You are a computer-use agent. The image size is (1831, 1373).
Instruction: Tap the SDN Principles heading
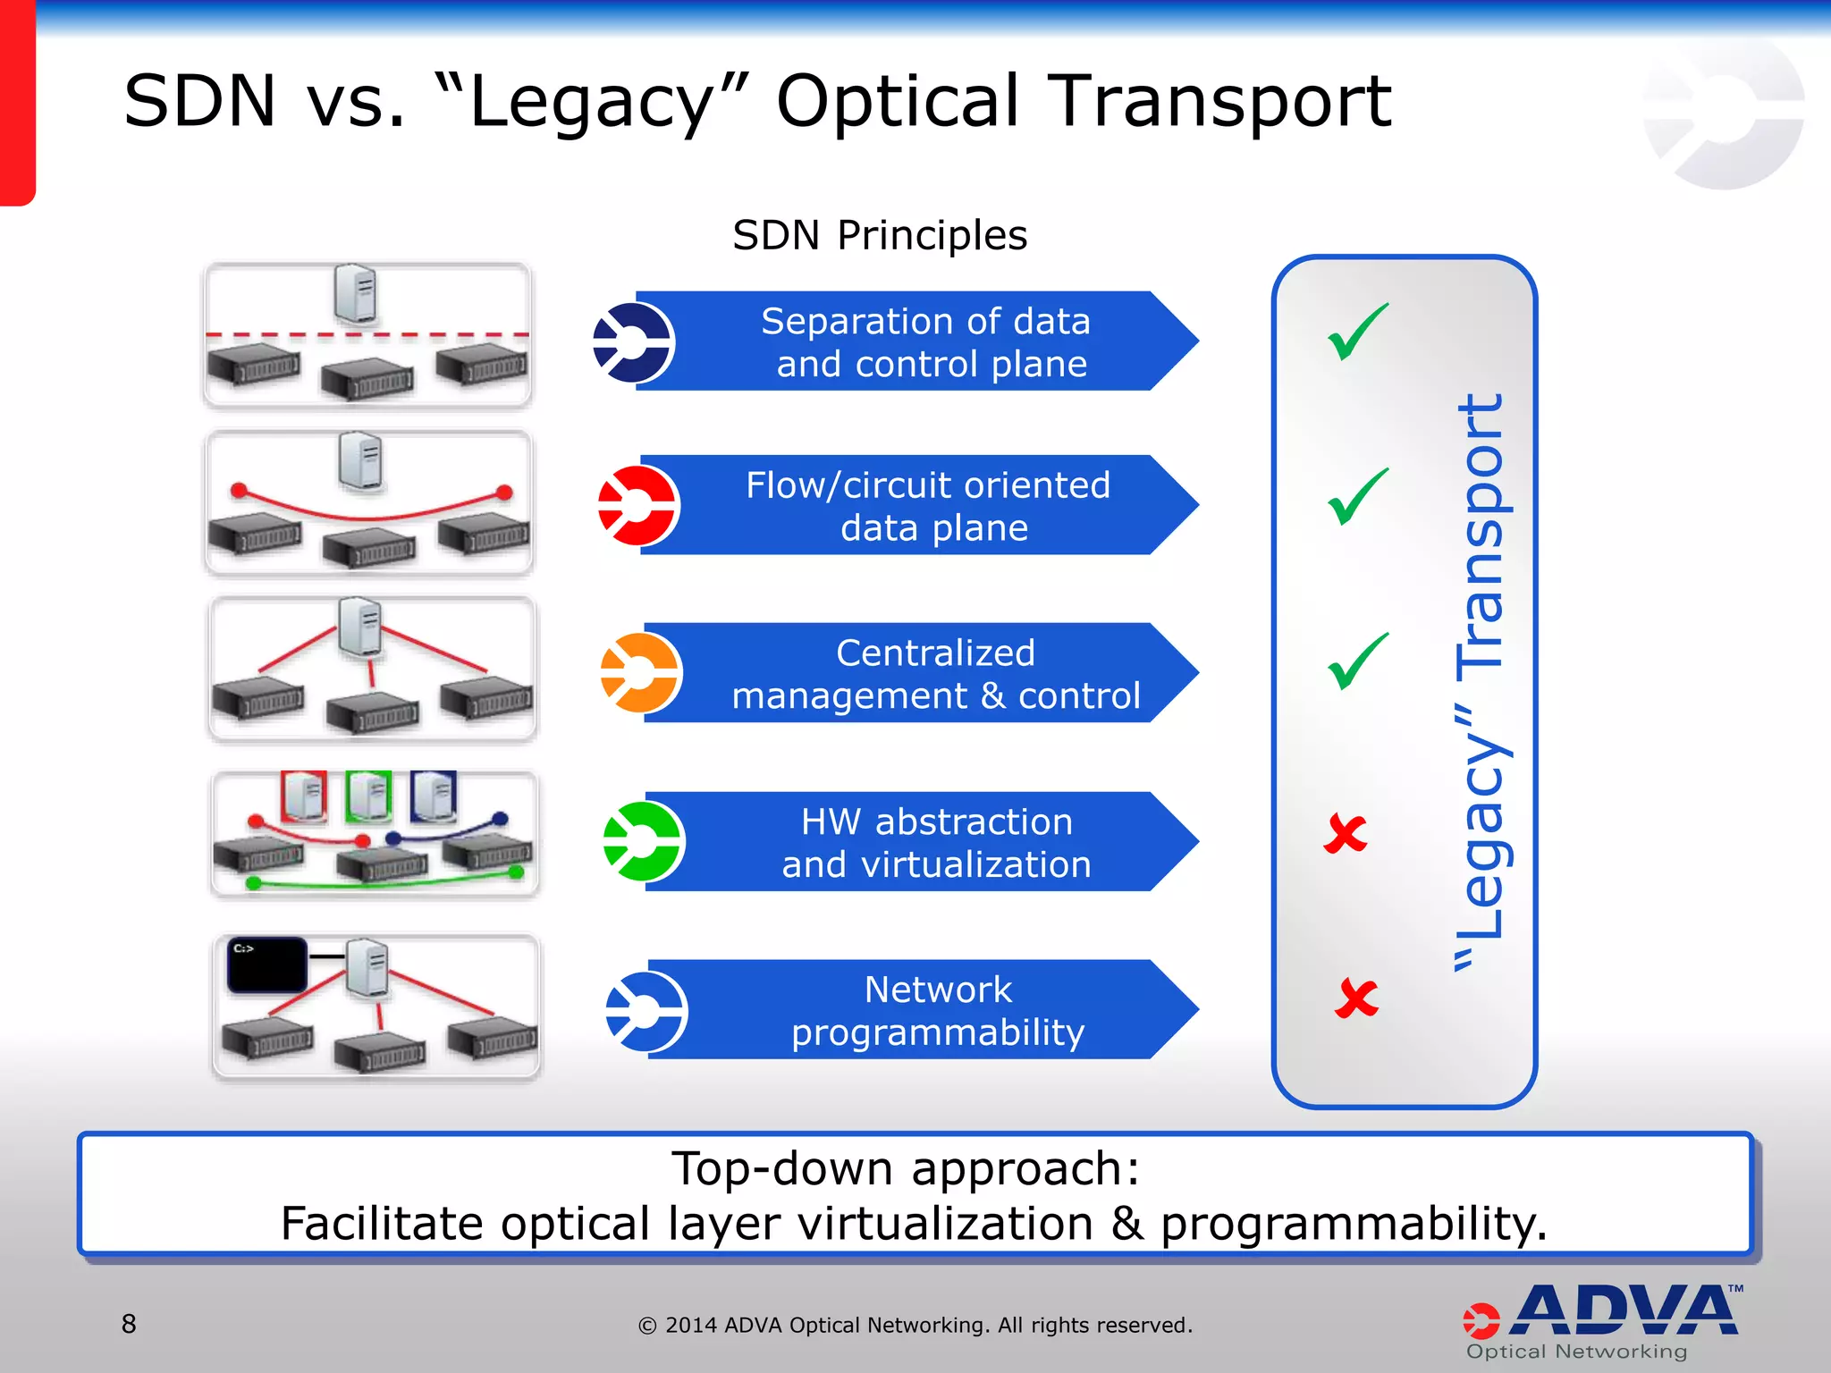(880, 236)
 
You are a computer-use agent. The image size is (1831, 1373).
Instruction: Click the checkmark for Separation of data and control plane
(1358, 332)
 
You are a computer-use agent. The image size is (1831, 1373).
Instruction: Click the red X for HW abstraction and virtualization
(1346, 834)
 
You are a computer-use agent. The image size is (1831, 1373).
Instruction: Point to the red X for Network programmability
(1356, 998)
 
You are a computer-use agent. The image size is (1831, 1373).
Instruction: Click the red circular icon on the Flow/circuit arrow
(638, 506)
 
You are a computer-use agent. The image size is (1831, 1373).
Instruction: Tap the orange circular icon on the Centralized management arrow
(641, 673)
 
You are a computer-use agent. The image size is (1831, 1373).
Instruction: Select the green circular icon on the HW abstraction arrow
(644, 841)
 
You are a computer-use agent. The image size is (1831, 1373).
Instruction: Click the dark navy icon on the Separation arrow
(633, 342)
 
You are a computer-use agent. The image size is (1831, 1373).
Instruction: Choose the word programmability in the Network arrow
(938, 1033)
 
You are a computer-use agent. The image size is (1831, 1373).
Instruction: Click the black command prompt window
(266, 964)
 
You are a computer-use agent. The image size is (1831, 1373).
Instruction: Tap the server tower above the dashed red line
(356, 292)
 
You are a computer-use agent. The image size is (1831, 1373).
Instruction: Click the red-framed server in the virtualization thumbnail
(304, 796)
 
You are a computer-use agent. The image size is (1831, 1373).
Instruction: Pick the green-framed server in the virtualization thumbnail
(369, 796)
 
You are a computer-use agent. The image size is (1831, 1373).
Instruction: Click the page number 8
(129, 1324)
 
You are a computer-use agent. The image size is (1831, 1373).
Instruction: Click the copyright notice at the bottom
(915, 1325)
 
